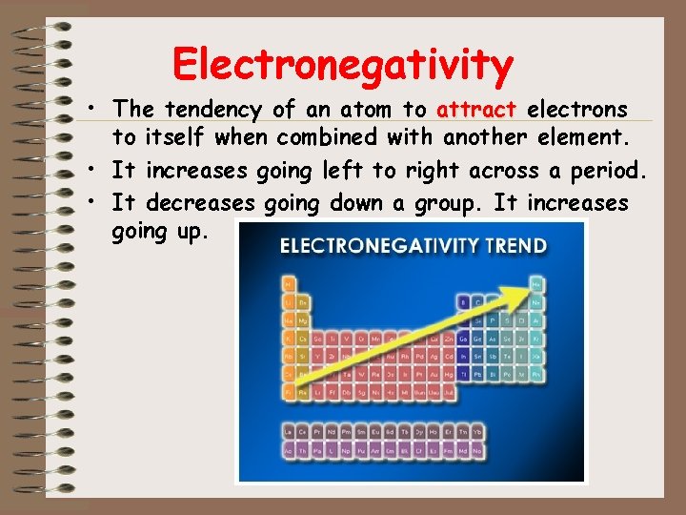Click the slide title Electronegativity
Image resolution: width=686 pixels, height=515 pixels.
(x=343, y=64)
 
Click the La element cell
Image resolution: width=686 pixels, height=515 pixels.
(x=289, y=432)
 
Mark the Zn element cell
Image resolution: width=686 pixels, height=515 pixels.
(x=447, y=338)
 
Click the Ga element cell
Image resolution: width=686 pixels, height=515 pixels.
(x=463, y=338)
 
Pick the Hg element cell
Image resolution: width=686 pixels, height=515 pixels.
(x=447, y=374)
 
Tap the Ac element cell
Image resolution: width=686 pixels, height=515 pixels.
(x=289, y=449)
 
